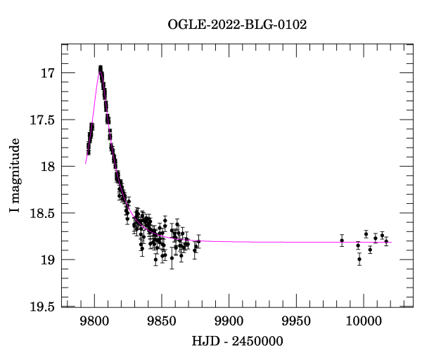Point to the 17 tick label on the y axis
(x=48, y=73)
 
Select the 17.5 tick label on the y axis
(x=41, y=120)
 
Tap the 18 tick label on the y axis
(x=48, y=167)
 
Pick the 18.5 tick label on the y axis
(x=41, y=213)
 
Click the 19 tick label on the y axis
(x=48, y=259)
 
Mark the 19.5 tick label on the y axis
(x=41, y=307)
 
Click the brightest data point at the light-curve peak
(x=101, y=67)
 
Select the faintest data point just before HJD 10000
(x=359, y=259)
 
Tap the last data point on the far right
(x=386, y=241)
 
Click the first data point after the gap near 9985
(x=342, y=240)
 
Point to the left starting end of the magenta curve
(x=86, y=163)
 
